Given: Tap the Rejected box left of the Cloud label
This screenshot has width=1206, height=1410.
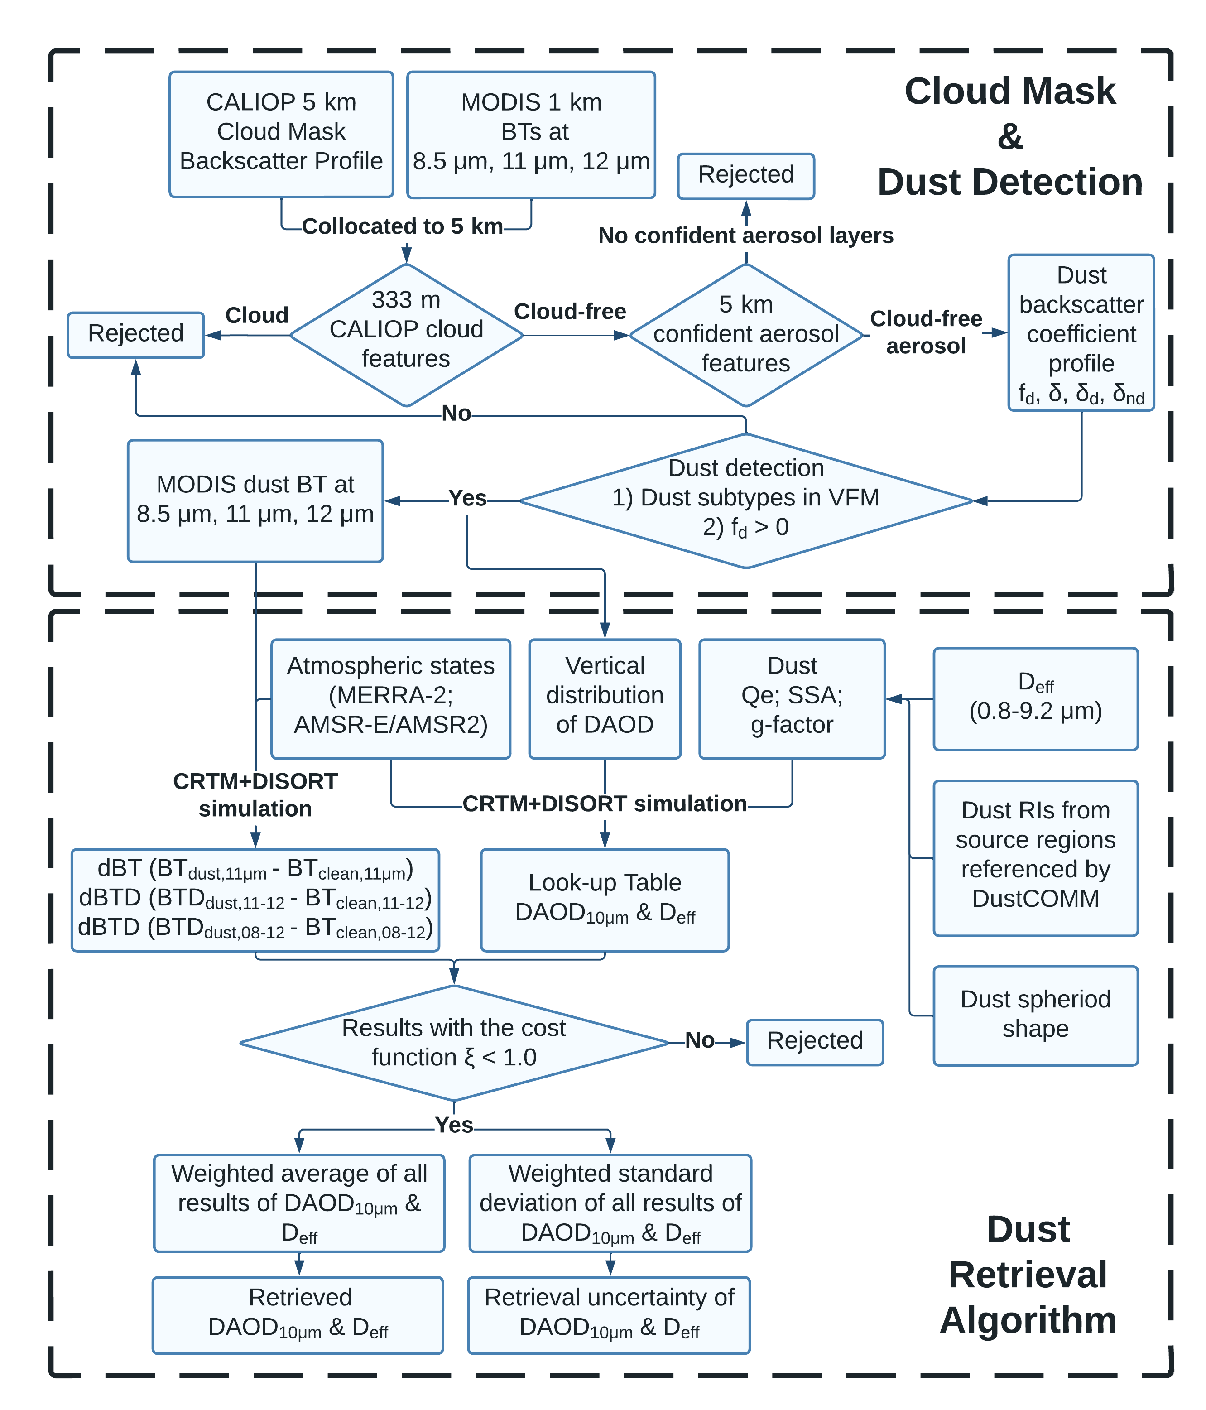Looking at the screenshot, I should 135,335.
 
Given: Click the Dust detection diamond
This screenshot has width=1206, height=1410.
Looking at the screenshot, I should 746,500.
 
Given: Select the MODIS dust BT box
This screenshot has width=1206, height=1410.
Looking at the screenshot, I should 255,500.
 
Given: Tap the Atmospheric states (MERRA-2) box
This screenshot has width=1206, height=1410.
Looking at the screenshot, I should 391,698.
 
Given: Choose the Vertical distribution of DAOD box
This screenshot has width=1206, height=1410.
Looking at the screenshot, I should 605,698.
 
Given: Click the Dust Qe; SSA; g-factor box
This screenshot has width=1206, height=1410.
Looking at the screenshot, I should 792,698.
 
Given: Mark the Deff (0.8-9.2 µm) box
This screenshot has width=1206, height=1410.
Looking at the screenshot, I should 1035,698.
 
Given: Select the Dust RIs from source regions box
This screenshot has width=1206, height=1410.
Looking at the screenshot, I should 1035,857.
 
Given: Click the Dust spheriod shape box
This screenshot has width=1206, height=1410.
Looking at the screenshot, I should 1035,1015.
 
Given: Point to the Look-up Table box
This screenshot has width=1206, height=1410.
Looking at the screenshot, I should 605,900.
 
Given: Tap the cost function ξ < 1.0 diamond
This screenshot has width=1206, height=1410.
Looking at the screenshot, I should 454,1043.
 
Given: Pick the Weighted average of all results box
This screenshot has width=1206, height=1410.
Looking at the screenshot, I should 299,1203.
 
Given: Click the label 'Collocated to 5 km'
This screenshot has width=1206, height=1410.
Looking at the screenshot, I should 402,226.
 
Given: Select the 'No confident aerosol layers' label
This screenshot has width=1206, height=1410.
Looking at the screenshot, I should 745,236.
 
